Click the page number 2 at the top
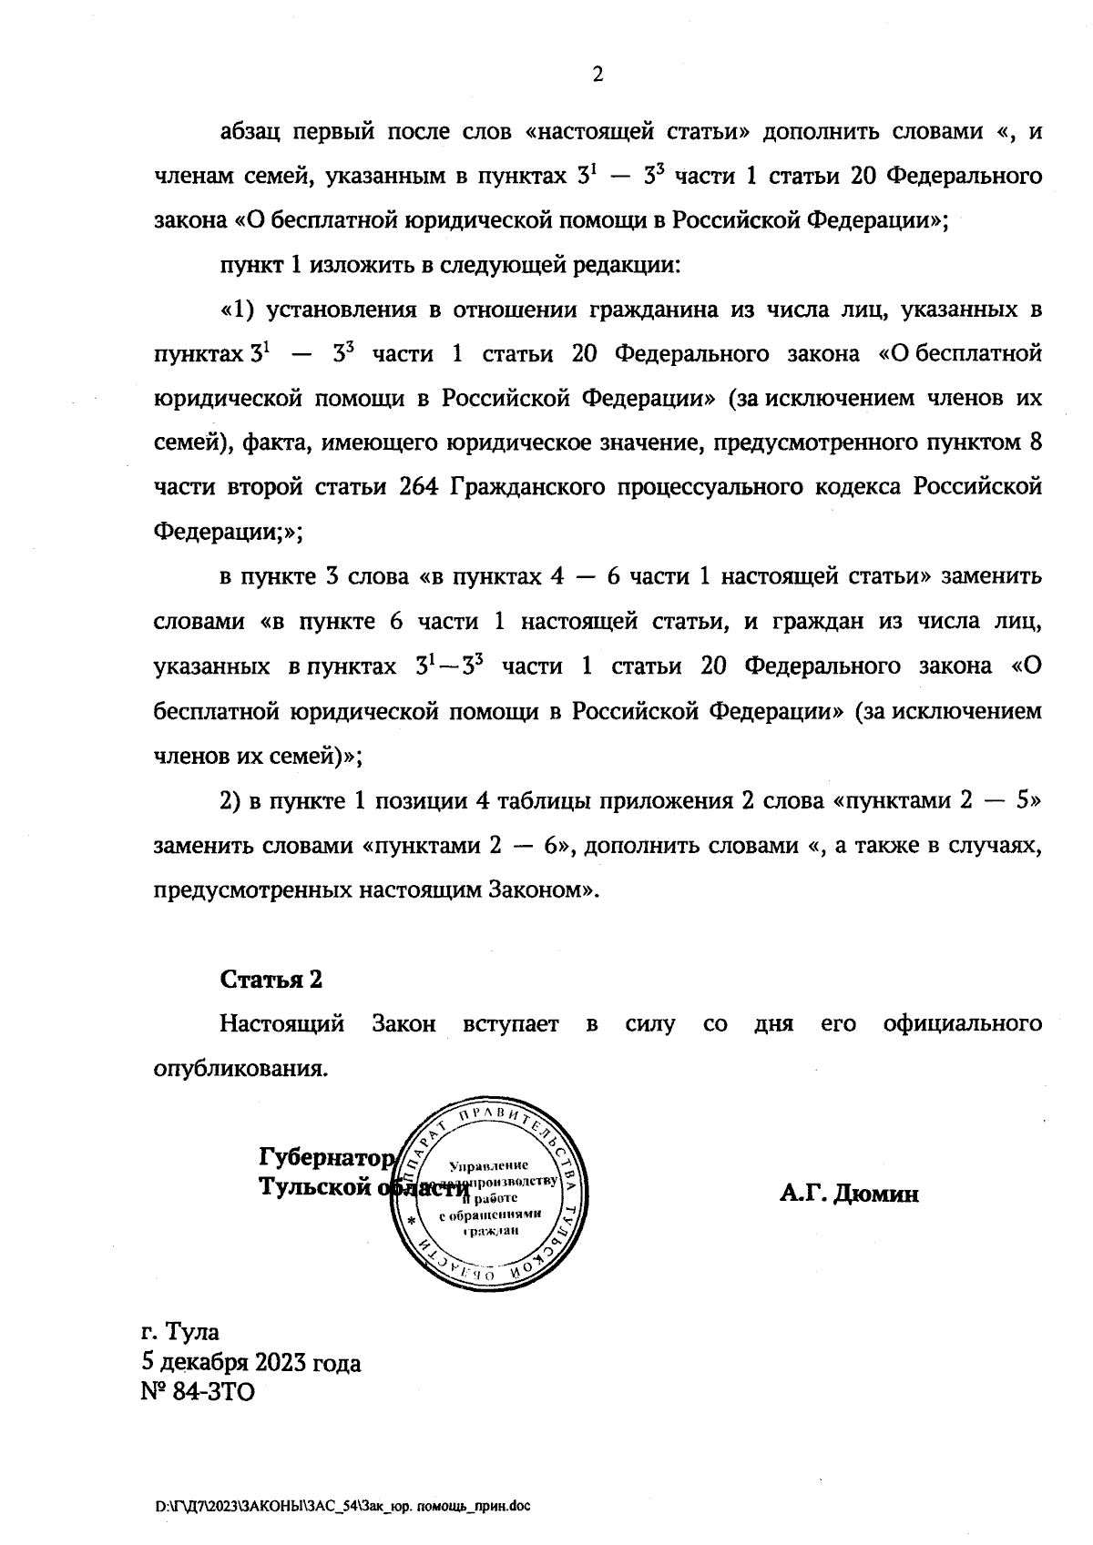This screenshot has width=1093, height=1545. tap(598, 76)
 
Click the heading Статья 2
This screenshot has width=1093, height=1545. tap(271, 980)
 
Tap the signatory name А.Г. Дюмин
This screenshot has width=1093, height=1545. tap(849, 1194)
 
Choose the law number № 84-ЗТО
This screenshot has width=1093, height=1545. tap(198, 1393)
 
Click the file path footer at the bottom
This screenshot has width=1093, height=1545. tap(342, 1507)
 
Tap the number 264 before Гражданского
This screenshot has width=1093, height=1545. tap(420, 487)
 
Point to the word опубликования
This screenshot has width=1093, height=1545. tap(240, 1068)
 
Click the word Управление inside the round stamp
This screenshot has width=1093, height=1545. tap(490, 1166)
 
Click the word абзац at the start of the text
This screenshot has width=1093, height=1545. tap(249, 132)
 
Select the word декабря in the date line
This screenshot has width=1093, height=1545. tap(207, 1363)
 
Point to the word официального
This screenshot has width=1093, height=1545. tap(962, 1024)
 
